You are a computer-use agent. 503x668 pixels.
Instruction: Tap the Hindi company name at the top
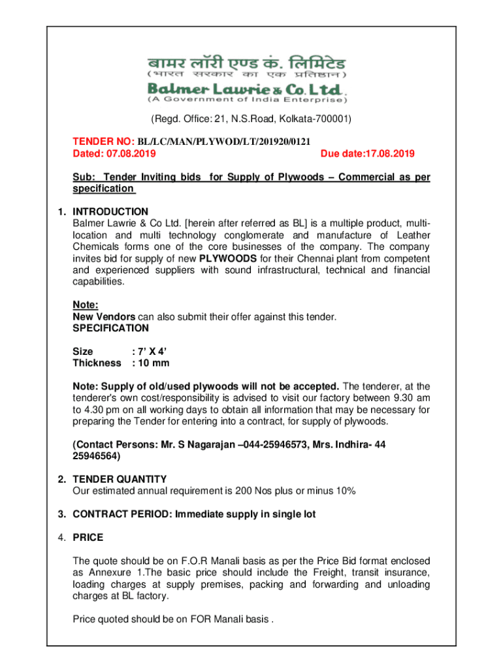tap(247, 63)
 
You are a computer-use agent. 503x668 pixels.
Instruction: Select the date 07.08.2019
tap(131, 153)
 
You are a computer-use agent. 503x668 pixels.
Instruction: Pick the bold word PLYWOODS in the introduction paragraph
tap(228, 258)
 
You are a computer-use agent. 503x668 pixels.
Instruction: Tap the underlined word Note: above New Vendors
tap(85, 305)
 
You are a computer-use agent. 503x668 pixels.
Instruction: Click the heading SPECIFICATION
tap(110, 327)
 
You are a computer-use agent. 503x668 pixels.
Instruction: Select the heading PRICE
tap(88, 538)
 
